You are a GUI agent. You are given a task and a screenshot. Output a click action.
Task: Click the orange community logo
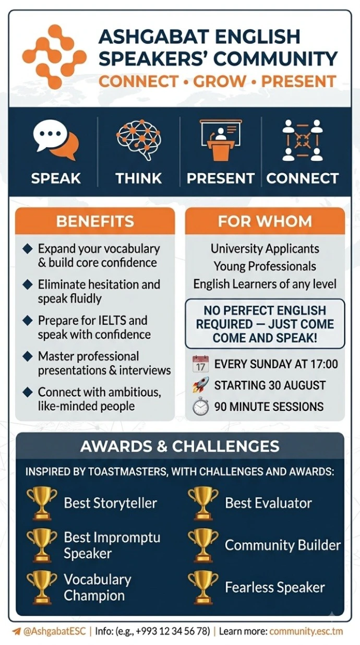54,57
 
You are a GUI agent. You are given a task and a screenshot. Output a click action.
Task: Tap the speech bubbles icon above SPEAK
56,140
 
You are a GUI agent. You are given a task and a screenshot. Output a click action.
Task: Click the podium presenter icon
221,140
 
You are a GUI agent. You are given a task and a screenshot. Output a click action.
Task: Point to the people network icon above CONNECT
303,140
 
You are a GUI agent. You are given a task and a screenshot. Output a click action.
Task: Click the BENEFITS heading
95,221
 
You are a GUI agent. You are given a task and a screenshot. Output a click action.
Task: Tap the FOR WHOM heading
265,221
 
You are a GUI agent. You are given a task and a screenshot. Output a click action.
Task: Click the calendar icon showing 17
200,364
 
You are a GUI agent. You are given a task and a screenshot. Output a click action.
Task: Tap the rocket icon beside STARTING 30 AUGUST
200,385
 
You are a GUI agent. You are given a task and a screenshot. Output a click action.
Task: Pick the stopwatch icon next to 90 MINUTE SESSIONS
200,407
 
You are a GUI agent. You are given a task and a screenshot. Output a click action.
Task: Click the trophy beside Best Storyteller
42,503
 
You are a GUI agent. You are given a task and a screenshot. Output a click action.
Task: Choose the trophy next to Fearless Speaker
203,588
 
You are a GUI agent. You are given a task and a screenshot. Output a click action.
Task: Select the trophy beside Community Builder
203,545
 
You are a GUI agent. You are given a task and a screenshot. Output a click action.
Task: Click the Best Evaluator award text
268,503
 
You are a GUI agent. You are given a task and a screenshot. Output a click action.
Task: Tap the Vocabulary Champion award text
98,588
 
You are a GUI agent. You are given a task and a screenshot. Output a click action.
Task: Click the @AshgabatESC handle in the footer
54,631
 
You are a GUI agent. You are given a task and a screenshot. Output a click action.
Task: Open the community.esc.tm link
306,631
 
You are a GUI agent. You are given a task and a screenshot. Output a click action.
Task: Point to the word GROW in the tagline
220,81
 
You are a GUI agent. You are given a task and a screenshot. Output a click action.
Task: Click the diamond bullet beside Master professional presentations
27,356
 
